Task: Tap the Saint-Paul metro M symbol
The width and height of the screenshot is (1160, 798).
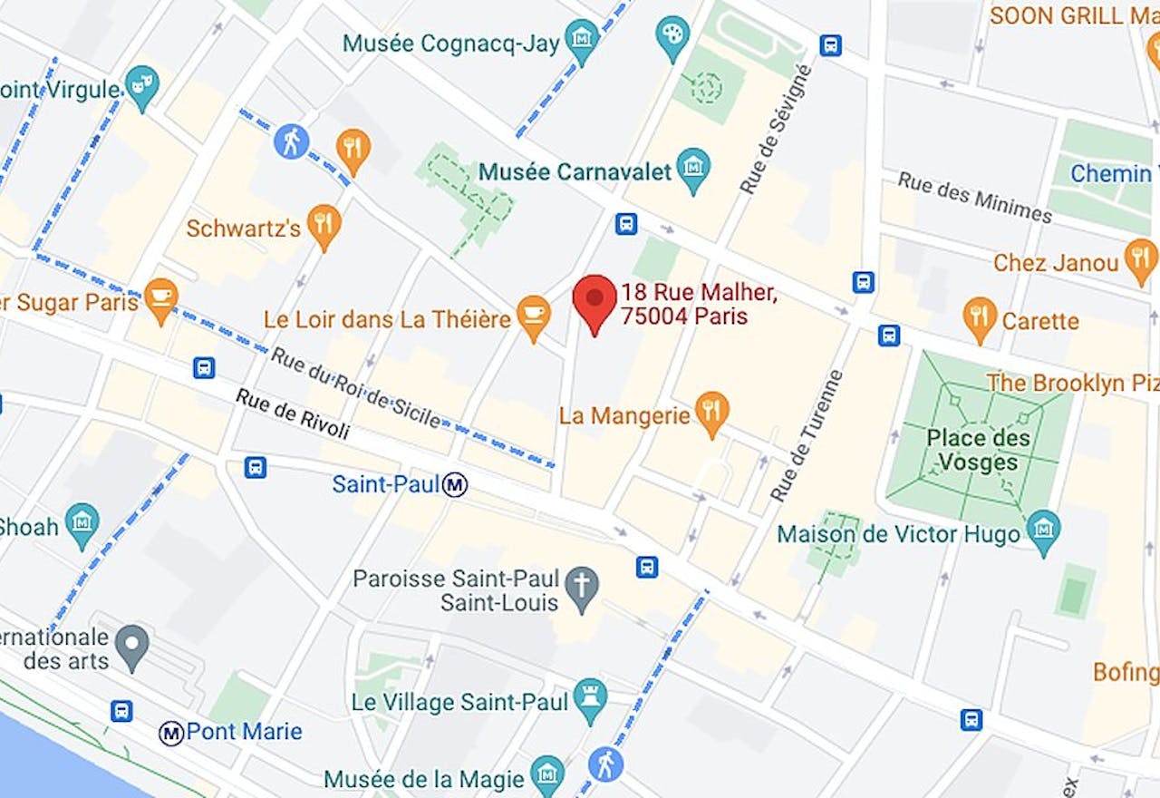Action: pyautogui.click(x=455, y=485)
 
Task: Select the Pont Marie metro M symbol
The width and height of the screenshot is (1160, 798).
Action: pyautogui.click(x=171, y=732)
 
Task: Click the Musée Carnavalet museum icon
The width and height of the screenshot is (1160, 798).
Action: pyautogui.click(x=693, y=169)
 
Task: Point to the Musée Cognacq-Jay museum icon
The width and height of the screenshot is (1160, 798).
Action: pyautogui.click(x=581, y=39)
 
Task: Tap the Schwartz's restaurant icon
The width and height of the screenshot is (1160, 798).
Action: pyautogui.click(x=324, y=224)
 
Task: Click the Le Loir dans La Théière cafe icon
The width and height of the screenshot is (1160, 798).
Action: pyautogui.click(x=533, y=315)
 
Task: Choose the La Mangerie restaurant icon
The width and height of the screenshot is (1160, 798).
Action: pyautogui.click(x=712, y=413)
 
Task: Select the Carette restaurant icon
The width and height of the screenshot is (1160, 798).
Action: pyautogui.click(x=980, y=316)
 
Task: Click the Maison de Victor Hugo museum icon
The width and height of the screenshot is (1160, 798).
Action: pyautogui.click(x=1044, y=530)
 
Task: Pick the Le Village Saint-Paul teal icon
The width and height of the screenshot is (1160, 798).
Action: pyautogui.click(x=590, y=698)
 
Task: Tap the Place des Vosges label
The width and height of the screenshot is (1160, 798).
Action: pyautogui.click(x=978, y=450)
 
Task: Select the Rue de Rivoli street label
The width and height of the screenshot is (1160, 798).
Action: pyautogui.click(x=293, y=414)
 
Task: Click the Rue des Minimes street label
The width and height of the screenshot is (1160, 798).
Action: pyautogui.click(x=974, y=196)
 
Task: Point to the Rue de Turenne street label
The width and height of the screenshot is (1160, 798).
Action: pyautogui.click(x=807, y=436)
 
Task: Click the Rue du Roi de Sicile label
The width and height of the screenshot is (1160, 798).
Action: pyautogui.click(x=355, y=388)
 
